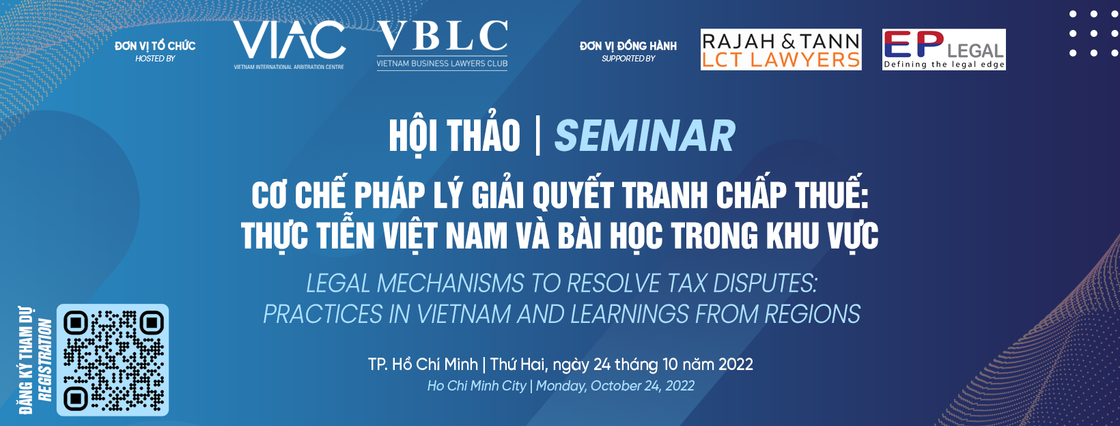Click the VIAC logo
tap(289, 44)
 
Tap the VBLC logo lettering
tap(443, 35)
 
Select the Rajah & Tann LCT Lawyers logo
tap(781, 50)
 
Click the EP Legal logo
tap(944, 50)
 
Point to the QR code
tap(113, 360)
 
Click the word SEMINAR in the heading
tap(645, 136)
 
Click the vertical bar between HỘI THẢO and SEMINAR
tap(537, 135)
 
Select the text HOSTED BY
tap(155, 59)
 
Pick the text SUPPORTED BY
tap(628, 59)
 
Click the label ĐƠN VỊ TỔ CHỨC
tap(155, 46)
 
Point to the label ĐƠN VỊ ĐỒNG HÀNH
tap(628, 46)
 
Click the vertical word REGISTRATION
tap(45, 360)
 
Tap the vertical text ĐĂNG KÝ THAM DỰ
tap(25, 360)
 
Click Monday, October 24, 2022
tap(615, 386)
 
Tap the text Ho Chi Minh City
tap(477, 386)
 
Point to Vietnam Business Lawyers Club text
tap(442, 63)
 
